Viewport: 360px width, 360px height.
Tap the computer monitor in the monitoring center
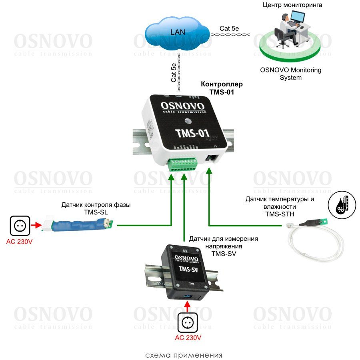(x=297, y=18)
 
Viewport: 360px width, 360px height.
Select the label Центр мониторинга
(x=292, y=5)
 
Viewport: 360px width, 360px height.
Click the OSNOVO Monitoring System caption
(x=291, y=74)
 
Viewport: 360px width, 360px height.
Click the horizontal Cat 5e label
(x=230, y=28)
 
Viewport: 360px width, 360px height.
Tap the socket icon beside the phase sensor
(x=20, y=226)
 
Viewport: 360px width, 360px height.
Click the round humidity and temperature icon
(x=339, y=206)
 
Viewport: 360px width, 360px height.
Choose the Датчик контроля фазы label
(x=96, y=208)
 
